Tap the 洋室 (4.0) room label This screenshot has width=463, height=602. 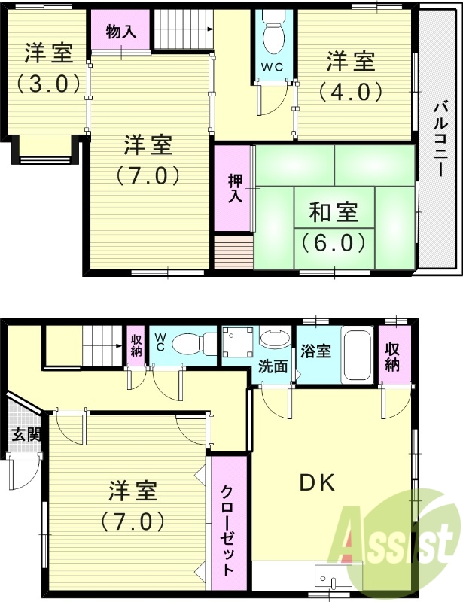point(350,75)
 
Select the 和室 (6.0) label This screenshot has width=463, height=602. point(334,227)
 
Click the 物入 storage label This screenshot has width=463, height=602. point(120,32)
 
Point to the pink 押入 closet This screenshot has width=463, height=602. point(234,188)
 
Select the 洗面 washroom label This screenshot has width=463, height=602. point(273,366)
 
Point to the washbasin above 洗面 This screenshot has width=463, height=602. point(275,339)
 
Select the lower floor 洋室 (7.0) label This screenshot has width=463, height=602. point(132,506)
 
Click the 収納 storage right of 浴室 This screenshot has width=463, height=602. point(393,356)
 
